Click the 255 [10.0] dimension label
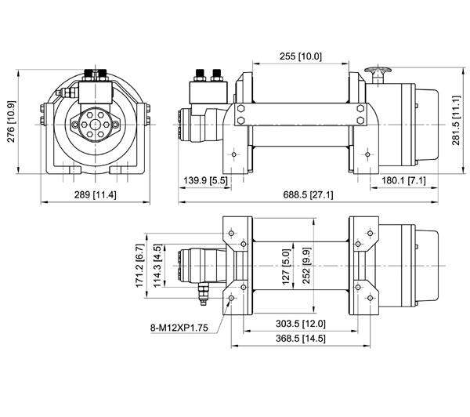[x=301, y=56]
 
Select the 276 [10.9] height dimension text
[x=11, y=121]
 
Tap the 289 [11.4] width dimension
[x=95, y=194]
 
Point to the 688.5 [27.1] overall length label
[x=308, y=194]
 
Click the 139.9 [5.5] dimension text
[x=205, y=180]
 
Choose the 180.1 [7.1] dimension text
[x=403, y=180]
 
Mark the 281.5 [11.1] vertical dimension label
[x=456, y=120]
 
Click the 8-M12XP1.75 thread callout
[x=179, y=328]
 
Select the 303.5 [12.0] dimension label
[x=300, y=324]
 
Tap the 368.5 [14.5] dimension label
[x=300, y=339]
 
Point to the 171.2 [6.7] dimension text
[x=140, y=265]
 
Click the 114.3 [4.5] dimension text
[x=157, y=265]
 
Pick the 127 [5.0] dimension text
[x=286, y=267]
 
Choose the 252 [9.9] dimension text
[x=306, y=265]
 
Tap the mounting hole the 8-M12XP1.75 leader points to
[x=231, y=298]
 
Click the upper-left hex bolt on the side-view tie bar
[x=240, y=108]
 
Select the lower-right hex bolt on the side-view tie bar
[x=360, y=120]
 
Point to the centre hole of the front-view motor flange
[x=96, y=124]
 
